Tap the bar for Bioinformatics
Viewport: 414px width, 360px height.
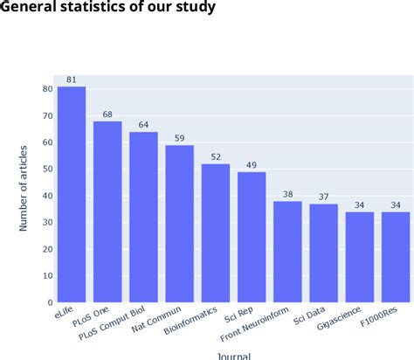click(216, 232)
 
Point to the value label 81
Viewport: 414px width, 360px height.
click(72, 80)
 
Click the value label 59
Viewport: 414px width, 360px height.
click(180, 137)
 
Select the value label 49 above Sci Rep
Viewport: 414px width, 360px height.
click(252, 163)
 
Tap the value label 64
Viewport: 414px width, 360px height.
click(144, 124)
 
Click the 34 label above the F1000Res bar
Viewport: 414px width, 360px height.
click(396, 204)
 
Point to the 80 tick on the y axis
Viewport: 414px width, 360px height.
click(47, 89)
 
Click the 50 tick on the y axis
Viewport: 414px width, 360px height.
click(47, 169)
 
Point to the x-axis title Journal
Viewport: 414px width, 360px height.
click(233, 355)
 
